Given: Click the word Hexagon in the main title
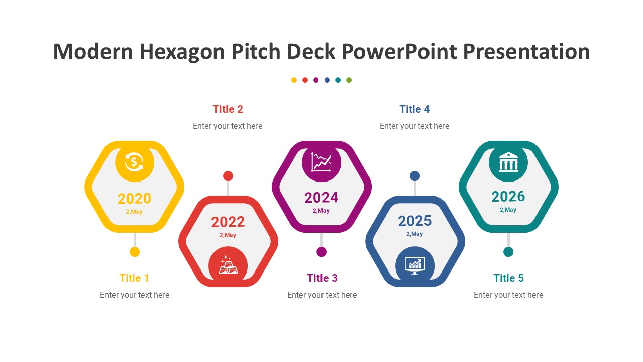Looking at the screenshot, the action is pos(182,52).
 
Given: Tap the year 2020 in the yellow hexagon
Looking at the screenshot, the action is pos(134,199).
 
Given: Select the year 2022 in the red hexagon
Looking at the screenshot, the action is pos(228,222).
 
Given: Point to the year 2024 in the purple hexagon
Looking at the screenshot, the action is pos(321,198).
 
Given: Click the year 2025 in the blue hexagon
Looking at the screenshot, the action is pos(415,221).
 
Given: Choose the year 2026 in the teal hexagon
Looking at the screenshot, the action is pos(508,197).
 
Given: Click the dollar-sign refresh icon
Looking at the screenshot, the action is pos(134,162).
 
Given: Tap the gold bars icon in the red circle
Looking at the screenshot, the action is pos(228,264).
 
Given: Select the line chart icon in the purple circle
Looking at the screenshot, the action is pos(321,162).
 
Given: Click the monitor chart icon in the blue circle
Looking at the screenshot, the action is pos(415,266).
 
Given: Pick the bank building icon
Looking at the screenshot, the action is pos(508,162).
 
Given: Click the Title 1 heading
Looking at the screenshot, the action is pos(134,278).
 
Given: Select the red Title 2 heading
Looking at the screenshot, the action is pos(228,109).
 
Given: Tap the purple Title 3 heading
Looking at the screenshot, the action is pos(322,278).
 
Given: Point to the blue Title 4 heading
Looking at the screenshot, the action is pos(415,109).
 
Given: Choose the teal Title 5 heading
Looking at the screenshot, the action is pos(509,278).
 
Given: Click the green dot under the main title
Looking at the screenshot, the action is pos(349,80).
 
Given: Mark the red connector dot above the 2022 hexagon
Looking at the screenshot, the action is pos(228,176).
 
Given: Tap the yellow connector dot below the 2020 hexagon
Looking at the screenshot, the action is pos(135,252).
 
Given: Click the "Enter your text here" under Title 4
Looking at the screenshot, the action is pos(414,126).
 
